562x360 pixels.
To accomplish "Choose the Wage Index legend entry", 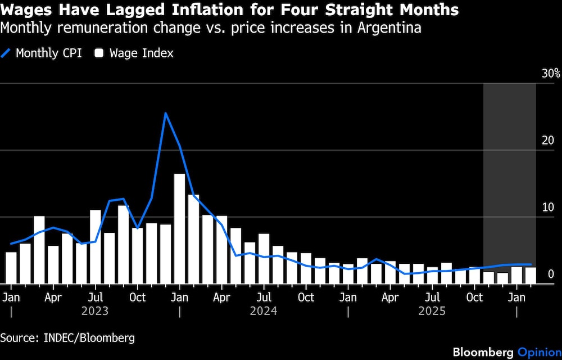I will (134, 53).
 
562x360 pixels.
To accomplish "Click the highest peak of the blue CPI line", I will (165, 113).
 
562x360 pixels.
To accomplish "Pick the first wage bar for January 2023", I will (11, 268).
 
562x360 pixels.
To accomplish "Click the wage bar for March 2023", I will (39, 250).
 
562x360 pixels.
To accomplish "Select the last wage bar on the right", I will (531, 276).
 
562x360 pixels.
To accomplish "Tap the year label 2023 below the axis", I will (95, 310).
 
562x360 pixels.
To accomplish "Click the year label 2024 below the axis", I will (264, 310).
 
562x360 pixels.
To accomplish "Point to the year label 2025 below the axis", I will (432, 310).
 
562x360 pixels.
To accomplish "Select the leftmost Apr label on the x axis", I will (53, 297).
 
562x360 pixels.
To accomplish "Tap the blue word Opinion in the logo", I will (539, 352).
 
